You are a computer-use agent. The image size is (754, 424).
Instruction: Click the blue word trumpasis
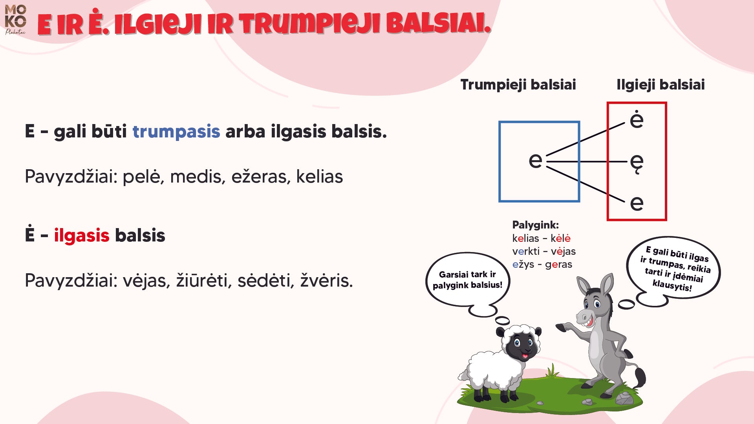176,132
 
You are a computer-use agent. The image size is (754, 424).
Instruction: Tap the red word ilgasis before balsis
81,236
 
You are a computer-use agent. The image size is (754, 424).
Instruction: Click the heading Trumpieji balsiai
518,85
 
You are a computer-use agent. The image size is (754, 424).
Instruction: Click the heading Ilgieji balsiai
661,85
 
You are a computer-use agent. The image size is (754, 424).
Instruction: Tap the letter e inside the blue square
535,160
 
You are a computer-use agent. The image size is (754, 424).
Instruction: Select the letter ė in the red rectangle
637,119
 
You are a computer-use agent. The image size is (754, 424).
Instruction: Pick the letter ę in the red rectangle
637,163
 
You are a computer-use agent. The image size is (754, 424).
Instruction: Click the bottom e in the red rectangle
637,203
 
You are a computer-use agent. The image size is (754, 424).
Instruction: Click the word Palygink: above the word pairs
535,225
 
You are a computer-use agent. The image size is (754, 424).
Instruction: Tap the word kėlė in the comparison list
560,238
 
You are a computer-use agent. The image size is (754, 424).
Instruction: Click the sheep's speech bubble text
467,280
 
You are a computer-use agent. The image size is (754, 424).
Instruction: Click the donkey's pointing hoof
562,327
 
